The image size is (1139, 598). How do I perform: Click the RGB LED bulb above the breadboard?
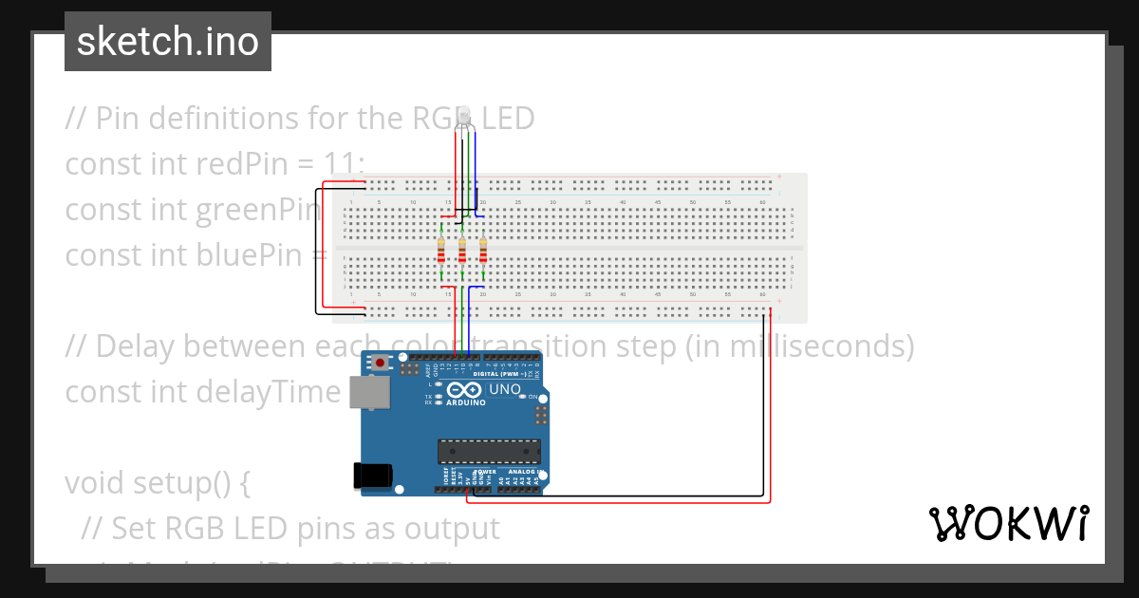465,121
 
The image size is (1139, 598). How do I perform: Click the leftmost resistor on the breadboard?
441,252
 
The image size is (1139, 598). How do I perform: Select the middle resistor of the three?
462,252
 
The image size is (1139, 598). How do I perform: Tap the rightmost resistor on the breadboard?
483,252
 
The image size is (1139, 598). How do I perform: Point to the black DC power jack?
370,475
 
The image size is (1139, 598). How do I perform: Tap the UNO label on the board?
505,389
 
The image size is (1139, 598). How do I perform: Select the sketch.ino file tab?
168,42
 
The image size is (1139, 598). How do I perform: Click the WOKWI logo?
1008,524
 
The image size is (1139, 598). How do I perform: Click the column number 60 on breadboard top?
763,203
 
